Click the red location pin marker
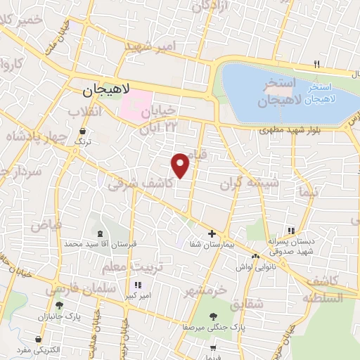click(181, 165)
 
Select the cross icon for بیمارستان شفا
click(212, 233)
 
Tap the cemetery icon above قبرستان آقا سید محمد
click(99, 233)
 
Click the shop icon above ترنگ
click(83, 131)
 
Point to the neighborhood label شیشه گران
click(249, 184)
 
